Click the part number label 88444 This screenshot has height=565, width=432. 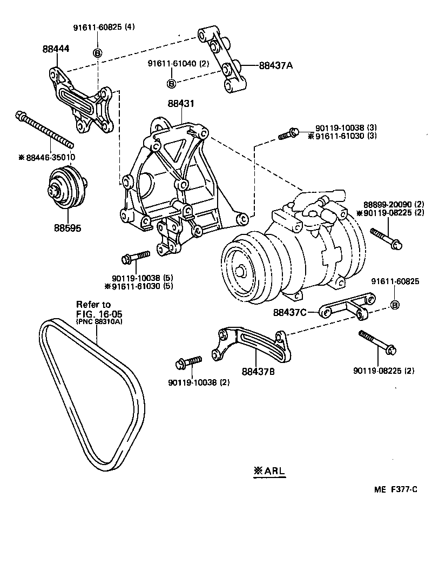[x=56, y=49]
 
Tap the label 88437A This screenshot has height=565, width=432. [x=275, y=65]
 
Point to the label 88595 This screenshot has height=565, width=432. [x=67, y=228]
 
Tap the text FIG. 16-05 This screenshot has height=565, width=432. [x=96, y=314]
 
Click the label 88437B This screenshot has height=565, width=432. [x=258, y=371]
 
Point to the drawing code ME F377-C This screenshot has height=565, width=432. [x=396, y=489]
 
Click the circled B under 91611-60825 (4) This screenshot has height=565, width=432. [x=98, y=52]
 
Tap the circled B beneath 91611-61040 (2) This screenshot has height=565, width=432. [x=171, y=83]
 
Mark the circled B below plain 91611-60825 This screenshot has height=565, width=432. [x=395, y=305]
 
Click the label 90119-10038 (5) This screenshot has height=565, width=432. [x=142, y=278]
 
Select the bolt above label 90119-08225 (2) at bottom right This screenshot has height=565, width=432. [x=377, y=342]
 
